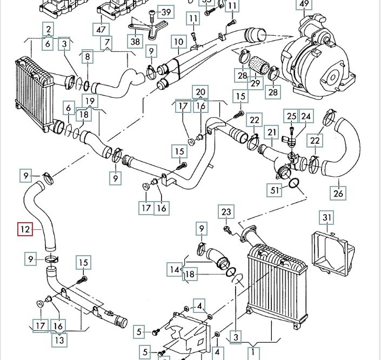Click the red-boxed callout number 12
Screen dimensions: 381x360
[x=25, y=229]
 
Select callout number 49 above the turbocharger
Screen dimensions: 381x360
[x=304, y=4]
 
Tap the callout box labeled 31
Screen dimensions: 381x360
[x=326, y=217]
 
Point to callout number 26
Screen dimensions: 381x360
[x=338, y=193]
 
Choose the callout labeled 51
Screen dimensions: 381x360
[x=275, y=190]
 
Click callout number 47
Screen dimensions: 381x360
[x=101, y=30]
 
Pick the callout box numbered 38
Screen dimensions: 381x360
[x=135, y=41]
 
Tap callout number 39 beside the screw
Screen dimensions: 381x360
[x=166, y=12]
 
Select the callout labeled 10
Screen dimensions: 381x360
[x=178, y=42]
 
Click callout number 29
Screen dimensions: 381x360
[x=255, y=83]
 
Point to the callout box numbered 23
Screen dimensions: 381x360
[x=226, y=212]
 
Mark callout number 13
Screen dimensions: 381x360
[x=59, y=339]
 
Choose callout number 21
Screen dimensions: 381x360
[x=271, y=132]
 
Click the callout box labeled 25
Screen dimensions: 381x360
[x=291, y=116]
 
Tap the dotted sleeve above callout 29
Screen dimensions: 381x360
[x=259, y=64]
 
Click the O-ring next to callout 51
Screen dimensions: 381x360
[x=294, y=183]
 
